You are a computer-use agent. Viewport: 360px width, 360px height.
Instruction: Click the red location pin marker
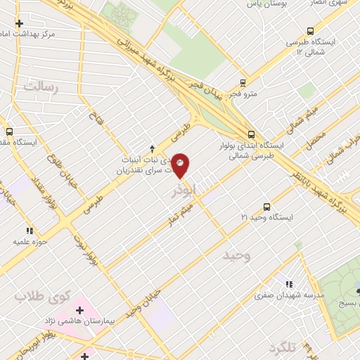coord(181,165)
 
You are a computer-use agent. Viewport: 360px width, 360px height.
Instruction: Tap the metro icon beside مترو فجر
coord(243,82)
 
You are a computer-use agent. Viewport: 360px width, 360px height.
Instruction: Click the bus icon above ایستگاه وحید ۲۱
coord(266,207)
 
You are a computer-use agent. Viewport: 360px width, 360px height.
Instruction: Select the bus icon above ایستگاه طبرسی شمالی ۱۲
coord(311,31)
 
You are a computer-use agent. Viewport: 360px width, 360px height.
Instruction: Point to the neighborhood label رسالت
coord(39,86)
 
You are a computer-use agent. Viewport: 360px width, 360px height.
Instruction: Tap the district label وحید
coord(237,255)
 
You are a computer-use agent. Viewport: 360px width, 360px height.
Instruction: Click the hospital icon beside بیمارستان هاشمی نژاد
coord(79,309)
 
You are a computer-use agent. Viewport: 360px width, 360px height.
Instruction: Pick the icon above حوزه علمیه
coord(29,230)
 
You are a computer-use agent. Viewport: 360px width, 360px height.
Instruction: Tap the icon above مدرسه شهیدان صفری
coord(289,284)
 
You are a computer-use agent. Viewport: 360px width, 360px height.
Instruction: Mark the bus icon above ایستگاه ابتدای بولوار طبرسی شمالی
coord(251,134)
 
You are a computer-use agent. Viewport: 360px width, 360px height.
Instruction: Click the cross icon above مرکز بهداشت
coord(19,22)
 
